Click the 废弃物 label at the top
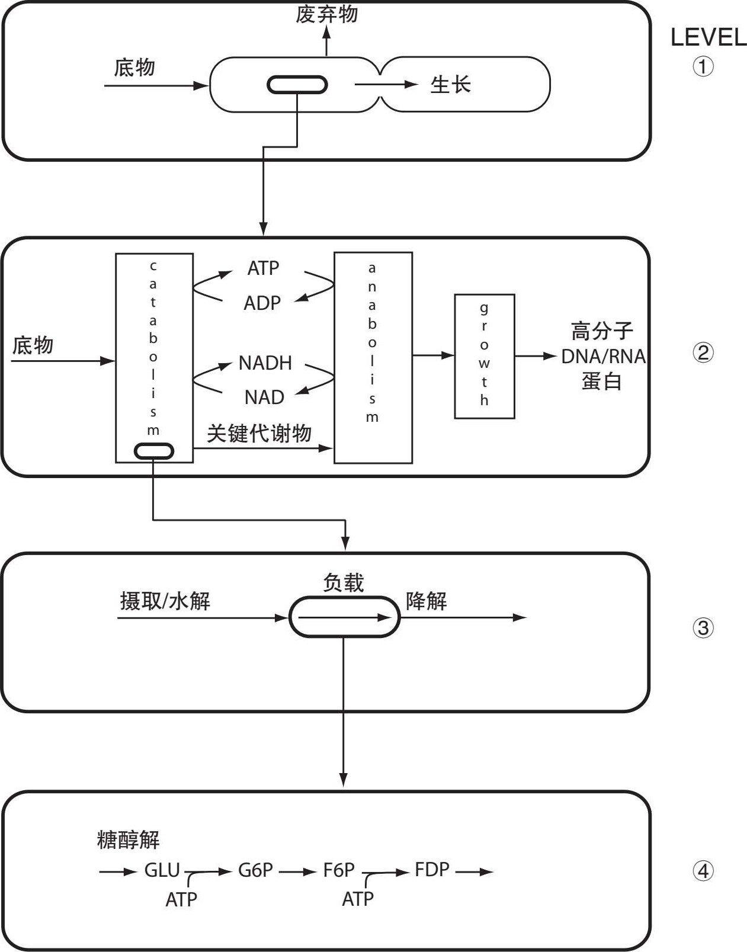coord(326,14)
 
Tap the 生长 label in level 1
coord(450,85)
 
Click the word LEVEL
coord(708,38)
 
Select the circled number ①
coord(703,66)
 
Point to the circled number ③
coord(703,628)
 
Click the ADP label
coord(262,303)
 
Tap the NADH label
coord(265,363)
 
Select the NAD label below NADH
coord(264,397)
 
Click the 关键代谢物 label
coord(259,434)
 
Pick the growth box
coord(484,356)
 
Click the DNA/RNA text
coord(603,357)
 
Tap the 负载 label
coord(343,583)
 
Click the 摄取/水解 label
coord(165,601)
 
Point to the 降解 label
coord(426,601)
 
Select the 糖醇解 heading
coord(128,839)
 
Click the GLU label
coord(162,870)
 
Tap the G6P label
coord(255,870)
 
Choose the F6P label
coord(339,870)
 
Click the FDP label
coord(432,870)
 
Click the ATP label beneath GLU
coord(181,899)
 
